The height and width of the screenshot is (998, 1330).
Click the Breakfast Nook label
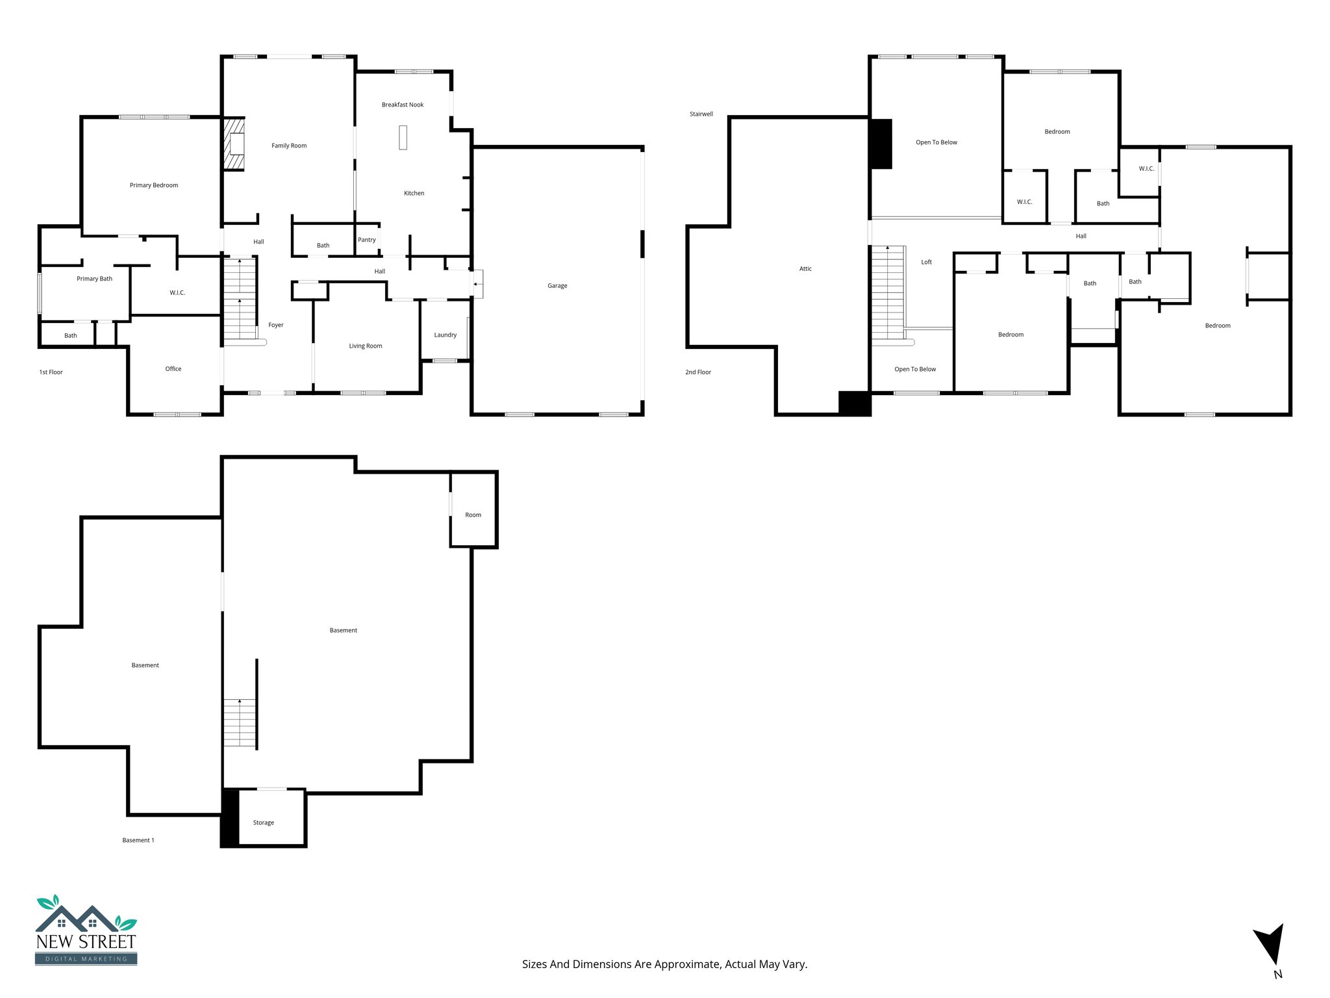coord(402,105)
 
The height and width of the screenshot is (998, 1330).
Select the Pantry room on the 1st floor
coord(367,240)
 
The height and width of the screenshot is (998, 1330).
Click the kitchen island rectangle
coord(403,137)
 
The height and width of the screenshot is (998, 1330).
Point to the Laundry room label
coord(445,335)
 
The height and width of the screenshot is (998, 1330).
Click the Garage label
coord(557,286)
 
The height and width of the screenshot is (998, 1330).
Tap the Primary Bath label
coord(94,279)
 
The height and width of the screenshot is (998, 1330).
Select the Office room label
coord(173,369)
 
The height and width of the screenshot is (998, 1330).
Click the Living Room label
coord(365,346)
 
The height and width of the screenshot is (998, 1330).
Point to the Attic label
coord(805,269)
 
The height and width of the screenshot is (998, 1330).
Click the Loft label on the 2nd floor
coord(926,262)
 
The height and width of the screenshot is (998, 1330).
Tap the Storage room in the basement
coord(264,823)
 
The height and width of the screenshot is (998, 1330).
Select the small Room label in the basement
coord(473,515)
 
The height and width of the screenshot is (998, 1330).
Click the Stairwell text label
coord(701,114)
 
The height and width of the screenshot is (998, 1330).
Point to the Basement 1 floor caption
coord(138,841)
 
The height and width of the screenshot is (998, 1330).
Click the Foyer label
coord(275,325)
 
